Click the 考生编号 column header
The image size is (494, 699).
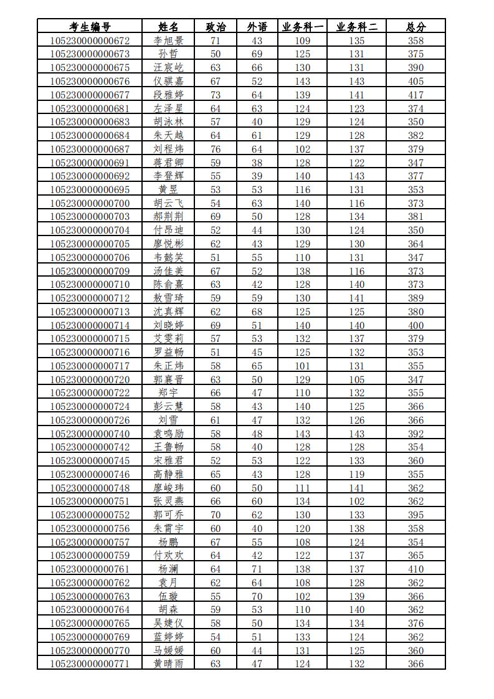point(90,27)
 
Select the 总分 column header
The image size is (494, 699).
point(416,27)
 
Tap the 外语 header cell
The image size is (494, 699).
point(257,27)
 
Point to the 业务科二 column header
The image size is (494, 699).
point(357,27)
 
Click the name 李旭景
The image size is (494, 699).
point(168,40)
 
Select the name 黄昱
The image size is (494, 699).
point(168,189)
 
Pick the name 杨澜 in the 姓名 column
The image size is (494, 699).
point(168,569)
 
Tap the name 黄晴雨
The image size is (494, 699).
point(168,663)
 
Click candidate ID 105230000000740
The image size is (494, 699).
point(90,434)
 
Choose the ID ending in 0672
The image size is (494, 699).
point(90,40)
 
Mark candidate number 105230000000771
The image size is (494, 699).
point(90,663)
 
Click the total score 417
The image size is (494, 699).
point(416,95)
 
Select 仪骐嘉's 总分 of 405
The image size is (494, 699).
point(416,81)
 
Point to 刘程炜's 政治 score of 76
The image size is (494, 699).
point(216,149)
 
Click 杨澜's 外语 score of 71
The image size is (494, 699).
point(257,569)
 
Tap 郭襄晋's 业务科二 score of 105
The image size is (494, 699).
point(357,379)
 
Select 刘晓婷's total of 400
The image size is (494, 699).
point(416,325)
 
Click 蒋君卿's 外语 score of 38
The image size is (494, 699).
point(257,163)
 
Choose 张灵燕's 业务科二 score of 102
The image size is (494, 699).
point(357,501)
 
